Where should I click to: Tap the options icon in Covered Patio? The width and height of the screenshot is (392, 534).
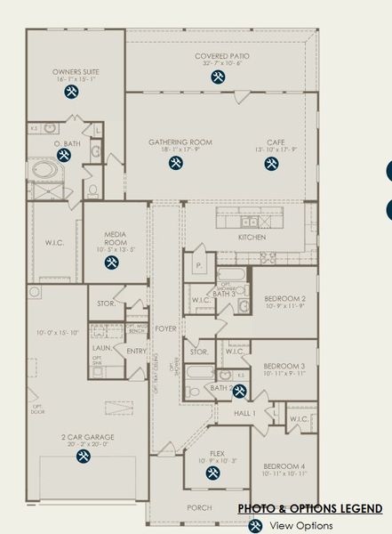[x=218, y=77]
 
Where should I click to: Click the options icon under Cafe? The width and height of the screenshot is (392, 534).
[x=276, y=164]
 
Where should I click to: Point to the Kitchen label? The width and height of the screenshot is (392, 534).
[x=252, y=238]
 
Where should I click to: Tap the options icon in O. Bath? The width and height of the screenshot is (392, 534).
[x=64, y=156]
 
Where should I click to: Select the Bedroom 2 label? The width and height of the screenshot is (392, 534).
[x=285, y=299]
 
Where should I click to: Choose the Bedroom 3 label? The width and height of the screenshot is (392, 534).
[x=285, y=366]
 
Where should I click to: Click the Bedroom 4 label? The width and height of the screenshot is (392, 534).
[x=285, y=467]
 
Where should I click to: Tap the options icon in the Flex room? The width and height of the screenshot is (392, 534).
[x=213, y=473]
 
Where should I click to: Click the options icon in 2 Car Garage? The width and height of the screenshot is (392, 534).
[x=84, y=457]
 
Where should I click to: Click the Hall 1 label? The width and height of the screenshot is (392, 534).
[x=244, y=413]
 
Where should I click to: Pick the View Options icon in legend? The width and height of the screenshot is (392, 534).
[x=254, y=526]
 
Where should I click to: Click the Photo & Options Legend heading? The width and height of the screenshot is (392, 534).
[x=312, y=508]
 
